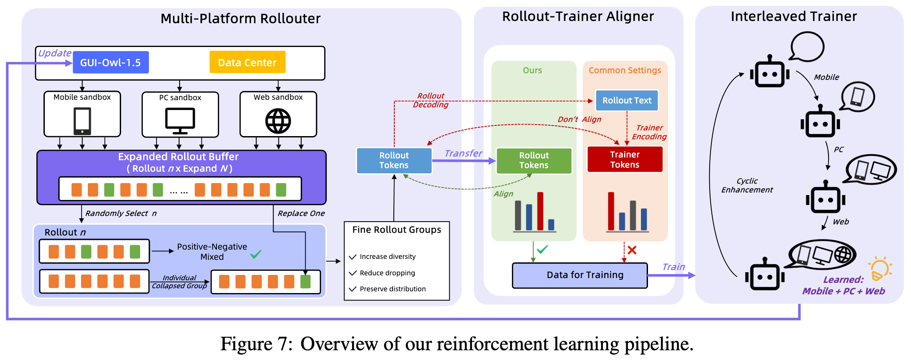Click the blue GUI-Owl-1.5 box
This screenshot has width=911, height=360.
point(110,63)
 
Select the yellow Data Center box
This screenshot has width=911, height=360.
point(247,63)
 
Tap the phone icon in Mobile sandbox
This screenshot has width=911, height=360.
point(82,121)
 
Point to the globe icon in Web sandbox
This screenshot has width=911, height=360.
point(278,121)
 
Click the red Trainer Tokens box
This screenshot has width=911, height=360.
point(624,160)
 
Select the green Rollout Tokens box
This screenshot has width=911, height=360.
point(534,160)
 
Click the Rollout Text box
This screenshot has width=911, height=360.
point(627,101)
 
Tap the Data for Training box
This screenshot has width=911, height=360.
point(580,275)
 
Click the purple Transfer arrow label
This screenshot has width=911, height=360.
point(463,153)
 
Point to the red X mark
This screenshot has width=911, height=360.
point(632,250)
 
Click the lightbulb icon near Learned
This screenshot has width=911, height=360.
point(880,269)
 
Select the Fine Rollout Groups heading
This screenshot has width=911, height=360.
point(397,230)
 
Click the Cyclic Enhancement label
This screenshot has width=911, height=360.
point(747,185)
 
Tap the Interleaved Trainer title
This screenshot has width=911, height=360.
point(794,16)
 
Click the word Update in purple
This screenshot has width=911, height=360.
point(55,53)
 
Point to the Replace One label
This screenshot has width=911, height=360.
point(301,213)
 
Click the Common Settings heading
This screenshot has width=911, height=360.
point(624,70)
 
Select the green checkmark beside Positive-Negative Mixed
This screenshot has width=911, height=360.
point(256,254)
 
